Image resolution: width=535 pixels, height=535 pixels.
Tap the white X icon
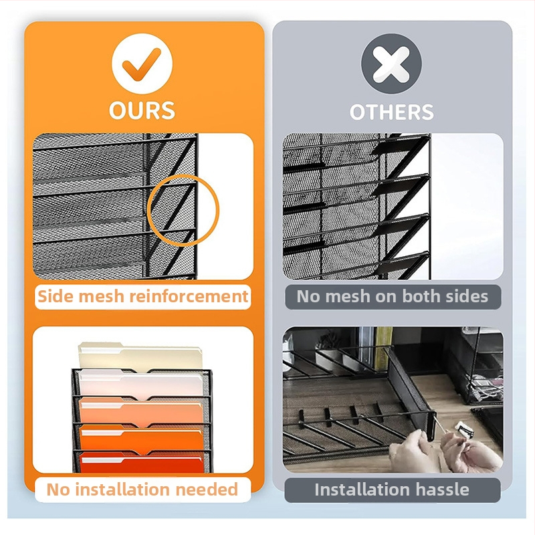point(391,64)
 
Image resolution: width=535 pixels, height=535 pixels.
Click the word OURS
point(142,110)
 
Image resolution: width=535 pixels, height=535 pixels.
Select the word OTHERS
point(392,112)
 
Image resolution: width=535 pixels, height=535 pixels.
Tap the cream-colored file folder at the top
point(140,356)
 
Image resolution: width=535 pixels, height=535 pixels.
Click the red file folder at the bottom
point(142,462)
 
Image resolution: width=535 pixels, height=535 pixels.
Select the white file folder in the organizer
point(141,384)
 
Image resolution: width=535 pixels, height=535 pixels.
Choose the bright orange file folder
point(142,438)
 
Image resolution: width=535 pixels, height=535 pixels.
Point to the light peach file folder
point(142,411)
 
